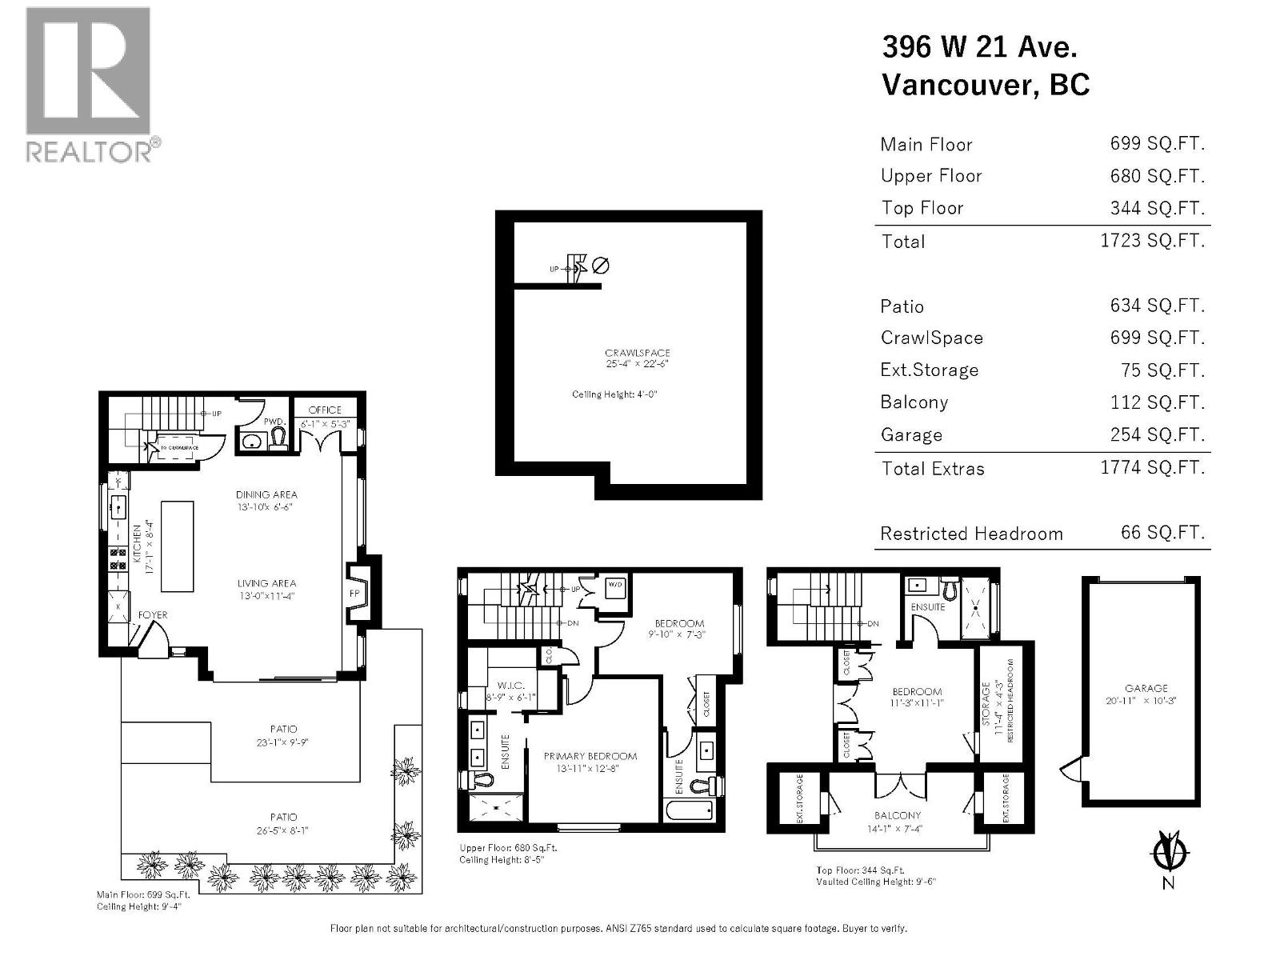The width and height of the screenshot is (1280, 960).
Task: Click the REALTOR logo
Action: coord(88,84)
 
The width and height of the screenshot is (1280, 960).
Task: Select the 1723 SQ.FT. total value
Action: coord(1152,241)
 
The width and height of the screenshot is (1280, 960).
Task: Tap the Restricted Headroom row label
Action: coord(971,534)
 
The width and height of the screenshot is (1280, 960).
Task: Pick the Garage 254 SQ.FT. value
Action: coord(1157,434)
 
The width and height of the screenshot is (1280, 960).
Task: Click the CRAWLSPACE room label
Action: coord(637,353)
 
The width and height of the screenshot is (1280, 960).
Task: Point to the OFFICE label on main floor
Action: coord(325,410)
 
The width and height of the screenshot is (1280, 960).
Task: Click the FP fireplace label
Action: coord(354,594)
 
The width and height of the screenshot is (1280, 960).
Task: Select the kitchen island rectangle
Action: coord(177,546)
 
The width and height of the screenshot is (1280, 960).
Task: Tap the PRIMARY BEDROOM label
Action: coord(590,756)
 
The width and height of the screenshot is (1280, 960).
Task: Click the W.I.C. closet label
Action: coord(510,685)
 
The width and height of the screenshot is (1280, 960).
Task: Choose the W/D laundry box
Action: coord(615,584)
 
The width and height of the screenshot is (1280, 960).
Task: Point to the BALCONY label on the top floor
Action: coord(898,815)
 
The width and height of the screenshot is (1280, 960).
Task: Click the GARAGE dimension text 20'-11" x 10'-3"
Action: coord(1146,700)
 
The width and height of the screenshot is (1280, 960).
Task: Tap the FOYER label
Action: coord(153,614)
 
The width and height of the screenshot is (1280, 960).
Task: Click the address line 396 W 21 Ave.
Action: coord(979,47)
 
